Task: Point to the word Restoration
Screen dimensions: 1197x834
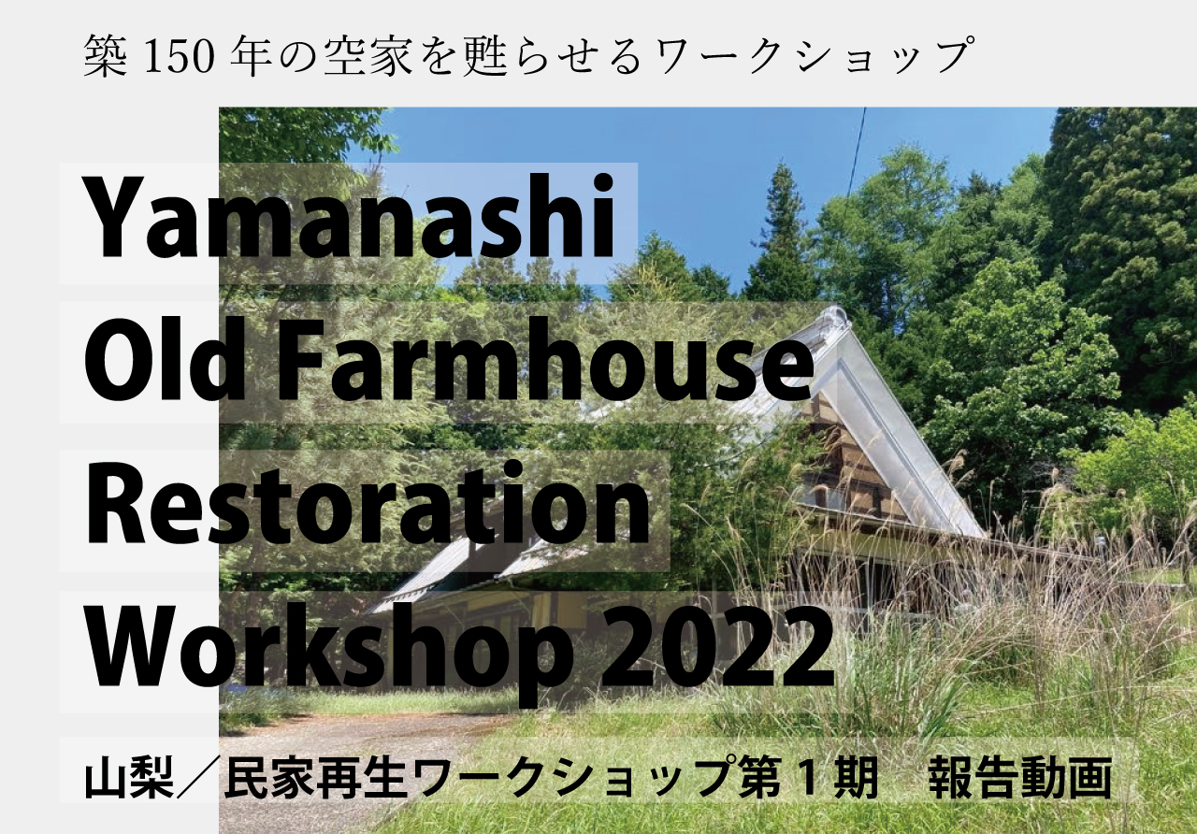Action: click(368, 505)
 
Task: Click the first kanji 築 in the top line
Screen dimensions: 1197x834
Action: click(106, 55)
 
